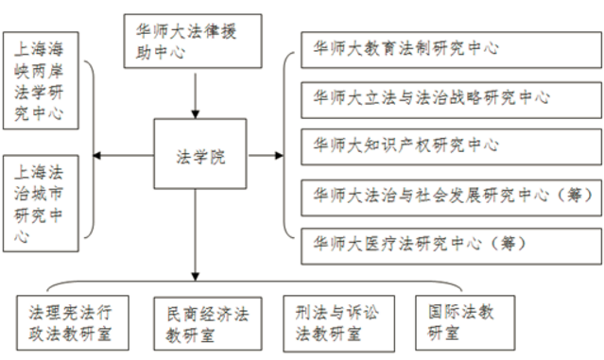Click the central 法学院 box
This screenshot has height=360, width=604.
pos(200,154)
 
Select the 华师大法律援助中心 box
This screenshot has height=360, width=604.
pos(193,42)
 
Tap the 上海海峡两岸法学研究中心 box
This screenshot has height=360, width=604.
pos(41,80)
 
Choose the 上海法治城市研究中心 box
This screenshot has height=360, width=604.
pos(41,203)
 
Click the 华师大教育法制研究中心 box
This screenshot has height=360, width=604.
pos(451,50)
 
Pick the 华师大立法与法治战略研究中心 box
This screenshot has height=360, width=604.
pos(451,100)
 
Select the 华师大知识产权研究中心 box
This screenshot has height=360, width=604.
pos(451,147)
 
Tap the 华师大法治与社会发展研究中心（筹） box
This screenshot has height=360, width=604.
pos(451,197)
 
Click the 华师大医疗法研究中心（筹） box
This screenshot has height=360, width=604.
pos(451,247)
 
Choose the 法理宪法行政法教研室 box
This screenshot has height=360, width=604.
pos(73,322)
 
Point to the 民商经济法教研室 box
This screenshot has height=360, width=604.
pos(208,323)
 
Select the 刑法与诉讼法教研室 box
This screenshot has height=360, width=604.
pos(339,323)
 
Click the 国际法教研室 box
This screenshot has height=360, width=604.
pos(465,322)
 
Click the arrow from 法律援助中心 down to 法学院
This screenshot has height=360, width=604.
pos(196,95)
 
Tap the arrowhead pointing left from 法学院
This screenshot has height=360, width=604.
pos(96,156)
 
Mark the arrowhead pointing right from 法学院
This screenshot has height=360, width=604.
pos(279,156)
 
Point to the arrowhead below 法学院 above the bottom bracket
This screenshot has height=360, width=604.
pos(196,277)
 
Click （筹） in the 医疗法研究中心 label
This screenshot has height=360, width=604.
pos(508,244)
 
